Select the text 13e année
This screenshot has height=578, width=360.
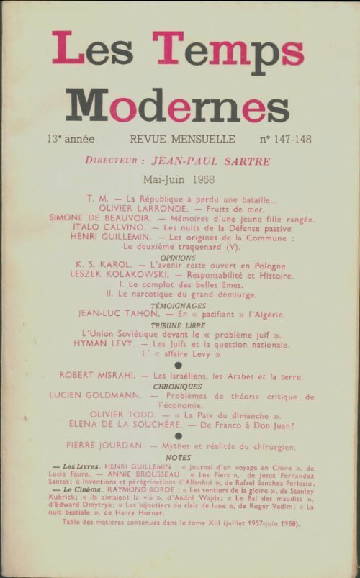(x=71, y=137)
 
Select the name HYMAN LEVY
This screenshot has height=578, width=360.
(x=102, y=345)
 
